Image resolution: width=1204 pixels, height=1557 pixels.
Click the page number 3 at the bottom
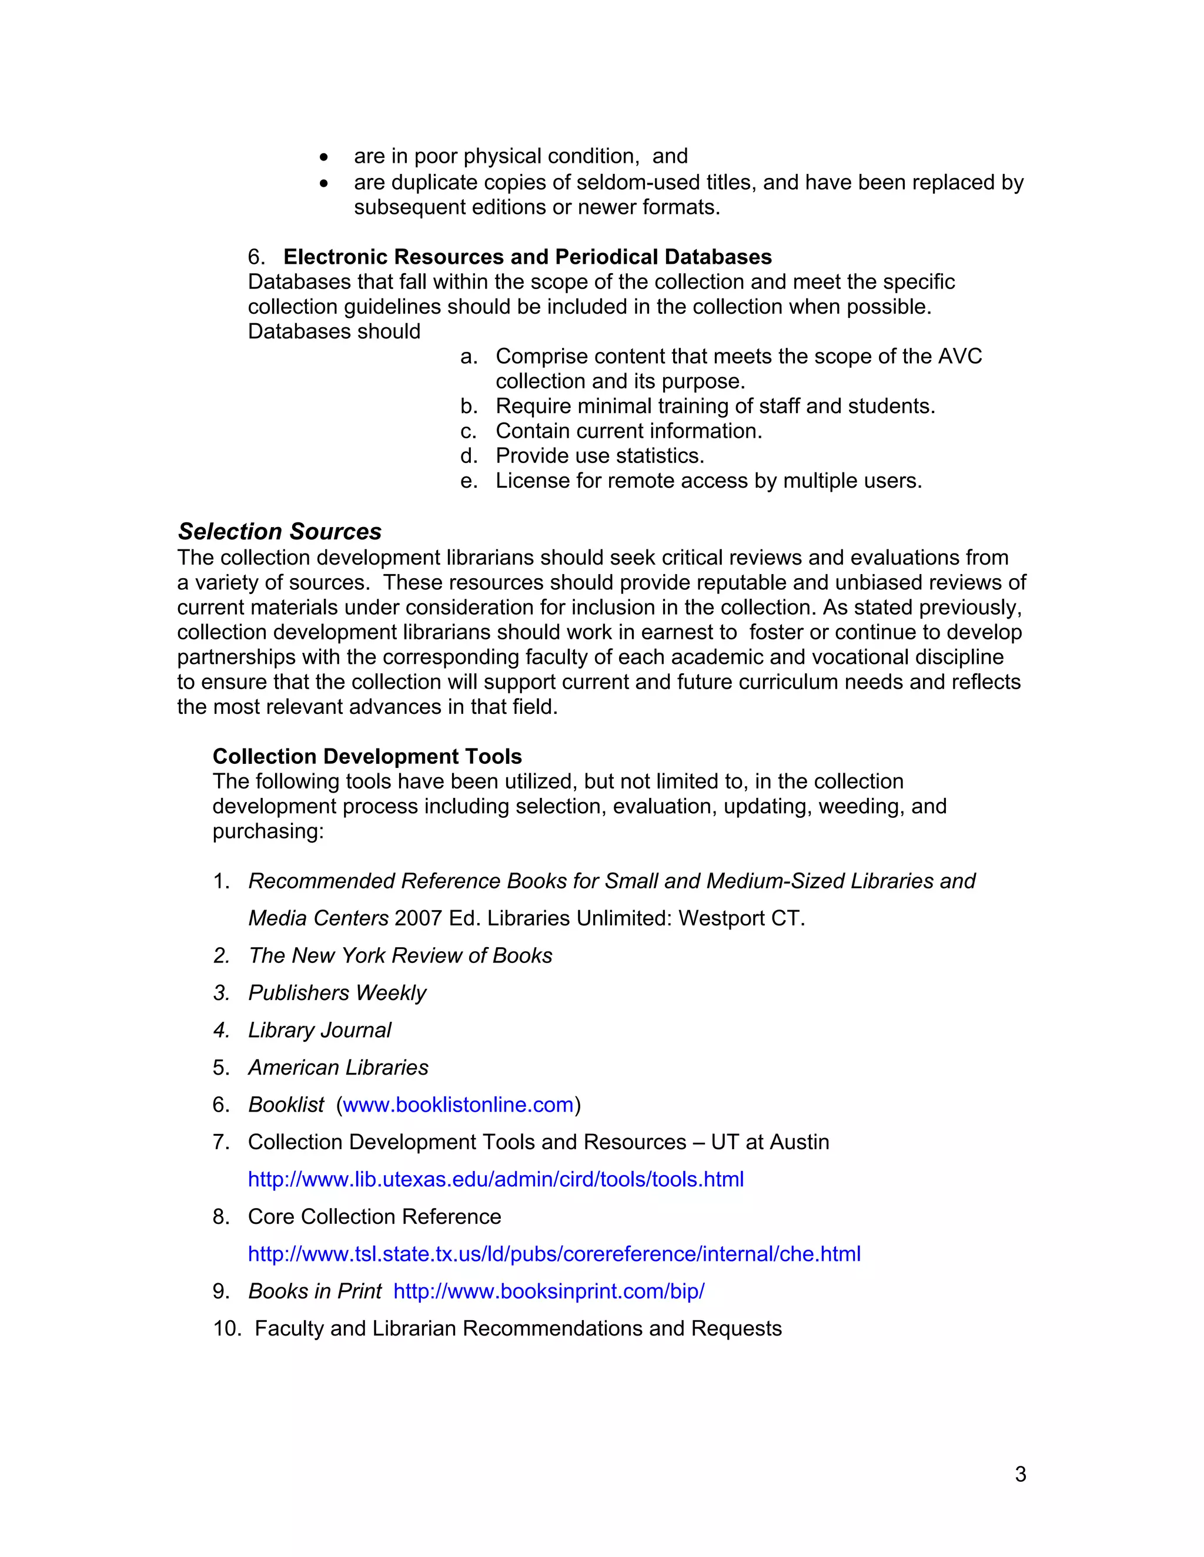[x=1020, y=1474]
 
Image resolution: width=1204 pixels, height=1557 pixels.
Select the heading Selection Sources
[x=280, y=532]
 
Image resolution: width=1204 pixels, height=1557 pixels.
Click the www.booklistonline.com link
[x=458, y=1105]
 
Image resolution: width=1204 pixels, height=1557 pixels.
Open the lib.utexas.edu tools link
[x=496, y=1179]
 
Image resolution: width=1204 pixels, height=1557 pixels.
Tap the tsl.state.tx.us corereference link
[x=554, y=1254]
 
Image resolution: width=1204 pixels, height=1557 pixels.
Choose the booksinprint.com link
[x=549, y=1291]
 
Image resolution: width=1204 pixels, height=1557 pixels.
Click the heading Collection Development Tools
[x=367, y=756]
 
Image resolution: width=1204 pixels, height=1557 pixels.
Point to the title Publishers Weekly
[x=337, y=993]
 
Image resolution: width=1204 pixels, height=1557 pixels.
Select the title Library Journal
[x=320, y=1030]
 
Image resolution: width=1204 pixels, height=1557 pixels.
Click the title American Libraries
[x=338, y=1067]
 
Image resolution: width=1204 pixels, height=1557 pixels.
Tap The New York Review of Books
[x=400, y=956]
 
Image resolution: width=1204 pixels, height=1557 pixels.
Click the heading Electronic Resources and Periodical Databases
[x=527, y=257]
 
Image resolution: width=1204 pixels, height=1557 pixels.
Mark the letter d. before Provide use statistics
[x=469, y=457]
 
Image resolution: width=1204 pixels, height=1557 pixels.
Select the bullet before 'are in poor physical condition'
[x=325, y=157]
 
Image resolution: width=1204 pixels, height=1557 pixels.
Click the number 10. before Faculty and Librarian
[x=228, y=1329]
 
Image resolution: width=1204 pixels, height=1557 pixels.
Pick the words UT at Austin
[x=770, y=1142]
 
